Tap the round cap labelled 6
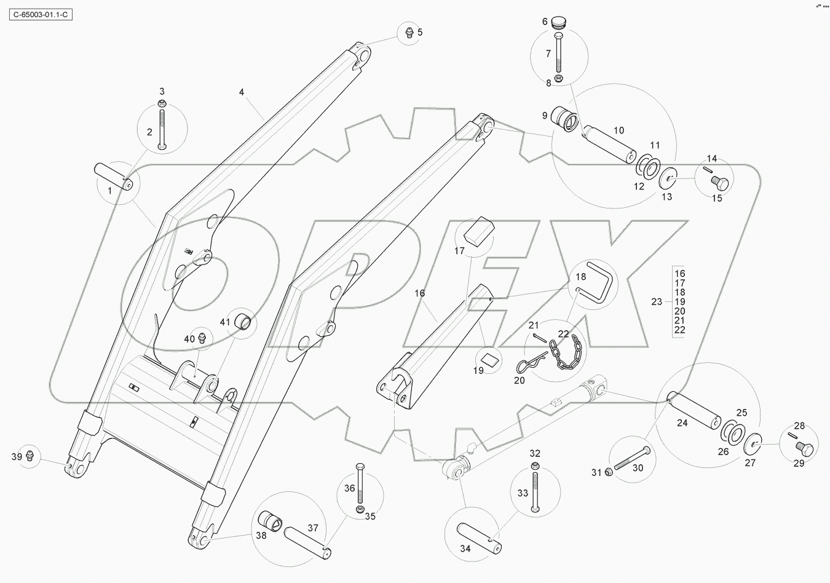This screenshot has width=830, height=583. [x=559, y=22]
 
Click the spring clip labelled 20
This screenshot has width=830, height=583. [x=526, y=367]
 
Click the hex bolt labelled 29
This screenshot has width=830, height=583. [x=806, y=446]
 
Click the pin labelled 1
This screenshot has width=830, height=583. [x=113, y=176]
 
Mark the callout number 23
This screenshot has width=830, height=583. [x=657, y=301]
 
